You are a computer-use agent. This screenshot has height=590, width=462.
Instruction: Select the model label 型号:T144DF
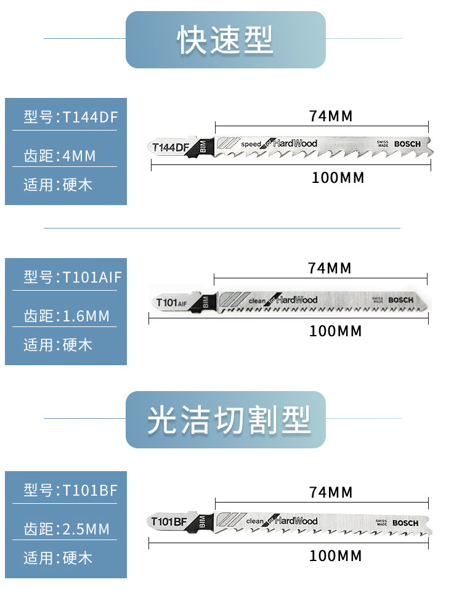(70, 117)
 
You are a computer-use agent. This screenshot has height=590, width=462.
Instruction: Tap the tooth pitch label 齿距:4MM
(60, 156)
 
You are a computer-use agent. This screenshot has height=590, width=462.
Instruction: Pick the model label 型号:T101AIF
(73, 277)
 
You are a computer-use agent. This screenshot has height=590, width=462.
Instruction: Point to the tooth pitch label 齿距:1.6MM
(67, 317)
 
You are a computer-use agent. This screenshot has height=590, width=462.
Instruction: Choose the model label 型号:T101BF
(70, 490)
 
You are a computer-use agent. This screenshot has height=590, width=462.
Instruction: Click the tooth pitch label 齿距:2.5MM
(67, 529)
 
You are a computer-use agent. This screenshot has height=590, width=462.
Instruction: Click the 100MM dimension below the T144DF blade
(338, 178)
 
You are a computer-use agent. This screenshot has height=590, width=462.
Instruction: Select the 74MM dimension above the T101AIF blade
(330, 268)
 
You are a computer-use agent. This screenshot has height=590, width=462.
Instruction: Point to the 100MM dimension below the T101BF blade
(336, 556)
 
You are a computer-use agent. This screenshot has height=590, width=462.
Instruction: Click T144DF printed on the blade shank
(170, 147)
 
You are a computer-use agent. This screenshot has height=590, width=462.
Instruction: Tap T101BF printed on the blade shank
(169, 522)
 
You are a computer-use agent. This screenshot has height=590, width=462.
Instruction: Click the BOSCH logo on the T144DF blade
(407, 144)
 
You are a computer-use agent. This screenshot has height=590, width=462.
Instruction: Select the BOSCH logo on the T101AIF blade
(401, 300)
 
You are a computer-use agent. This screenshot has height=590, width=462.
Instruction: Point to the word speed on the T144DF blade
(251, 144)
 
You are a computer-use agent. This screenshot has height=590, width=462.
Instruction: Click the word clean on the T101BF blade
(255, 522)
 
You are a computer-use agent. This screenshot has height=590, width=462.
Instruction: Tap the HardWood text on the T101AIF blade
(296, 300)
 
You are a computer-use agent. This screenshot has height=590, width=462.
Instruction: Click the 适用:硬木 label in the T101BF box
(58, 558)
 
